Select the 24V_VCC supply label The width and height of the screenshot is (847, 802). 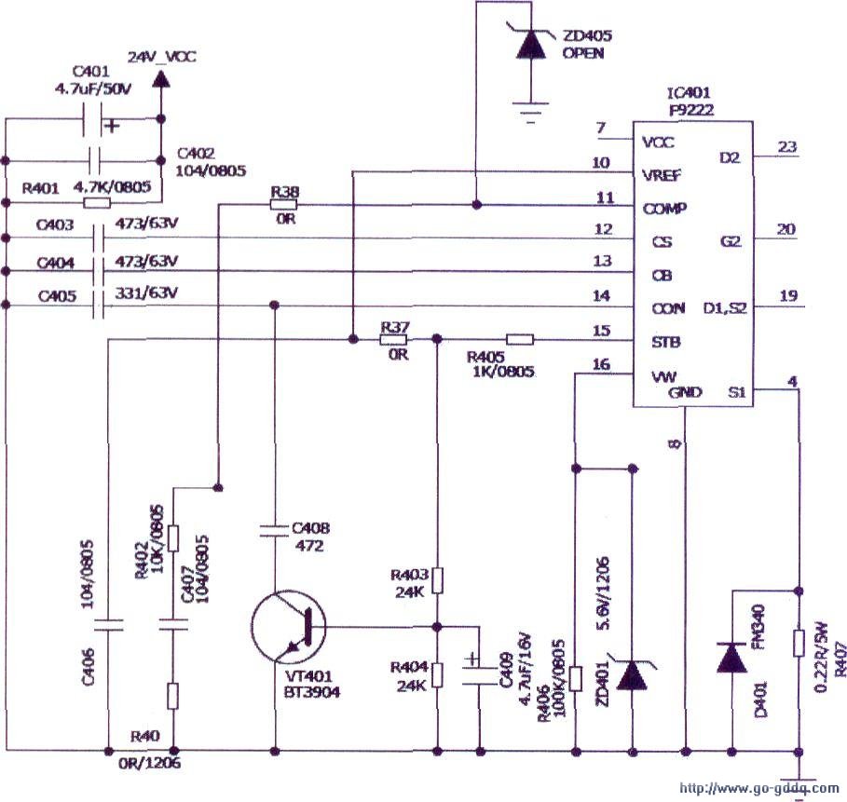tap(163, 58)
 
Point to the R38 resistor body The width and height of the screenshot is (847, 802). tap(284, 205)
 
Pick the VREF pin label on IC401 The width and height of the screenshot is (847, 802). tap(663, 174)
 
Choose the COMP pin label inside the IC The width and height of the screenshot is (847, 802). tap(665, 208)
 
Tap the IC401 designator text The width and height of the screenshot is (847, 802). tap(690, 94)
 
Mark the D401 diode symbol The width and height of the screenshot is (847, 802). tap(732, 658)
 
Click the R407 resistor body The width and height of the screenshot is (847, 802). tap(799, 644)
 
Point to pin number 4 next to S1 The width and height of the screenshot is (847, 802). tap(791, 380)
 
